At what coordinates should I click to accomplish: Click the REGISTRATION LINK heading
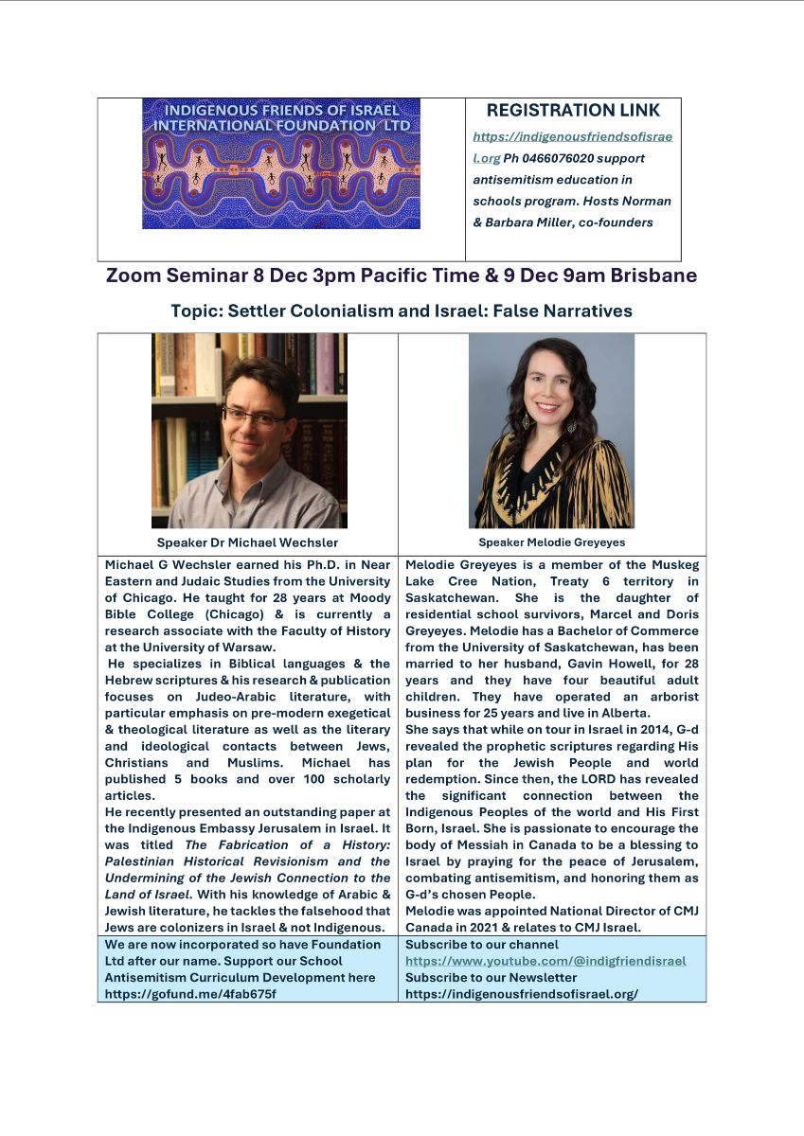click(x=573, y=111)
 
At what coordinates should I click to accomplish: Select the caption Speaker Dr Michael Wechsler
click(x=248, y=543)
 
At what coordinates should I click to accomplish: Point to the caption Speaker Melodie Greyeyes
click(x=551, y=543)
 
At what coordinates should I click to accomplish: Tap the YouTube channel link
click(x=545, y=961)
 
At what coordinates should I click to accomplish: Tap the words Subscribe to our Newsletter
click(x=491, y=977)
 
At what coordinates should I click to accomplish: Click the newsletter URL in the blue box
click(x=522, y=994)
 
